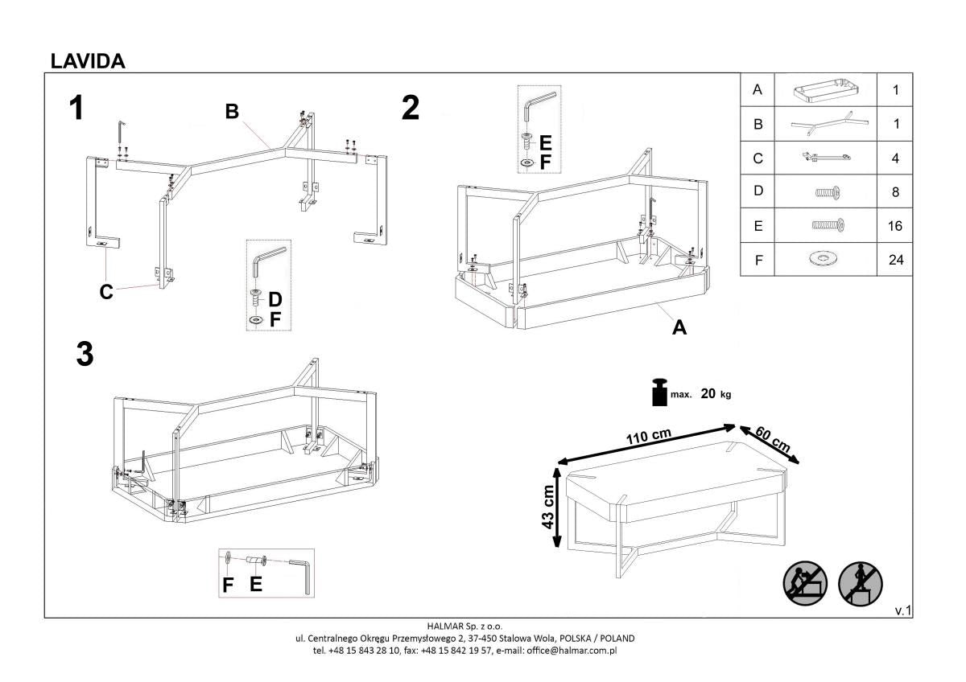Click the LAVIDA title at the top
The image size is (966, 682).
[x=87, y=61]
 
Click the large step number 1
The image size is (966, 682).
[x=76, y=109]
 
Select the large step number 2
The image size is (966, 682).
[x=411, y=109]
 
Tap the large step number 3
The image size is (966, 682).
[x=85, y=355]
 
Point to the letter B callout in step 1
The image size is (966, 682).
[x=232, y=113]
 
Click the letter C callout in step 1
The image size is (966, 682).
[x=106, y=293]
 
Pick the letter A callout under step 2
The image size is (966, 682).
[x=679, y=327]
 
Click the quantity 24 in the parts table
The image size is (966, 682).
[x=896, y=260]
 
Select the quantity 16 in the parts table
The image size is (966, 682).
[x=896, y=226]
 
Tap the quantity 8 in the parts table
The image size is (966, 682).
[x=896, y=192]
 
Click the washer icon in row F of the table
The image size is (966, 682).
[x=824, y=260]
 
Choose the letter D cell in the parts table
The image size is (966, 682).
[x=757, y=192]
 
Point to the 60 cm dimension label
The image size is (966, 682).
[x=774, y=441]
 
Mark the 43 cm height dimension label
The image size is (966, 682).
[x=548, y=507]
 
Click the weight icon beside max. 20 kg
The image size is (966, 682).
[x=658, y=392]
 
